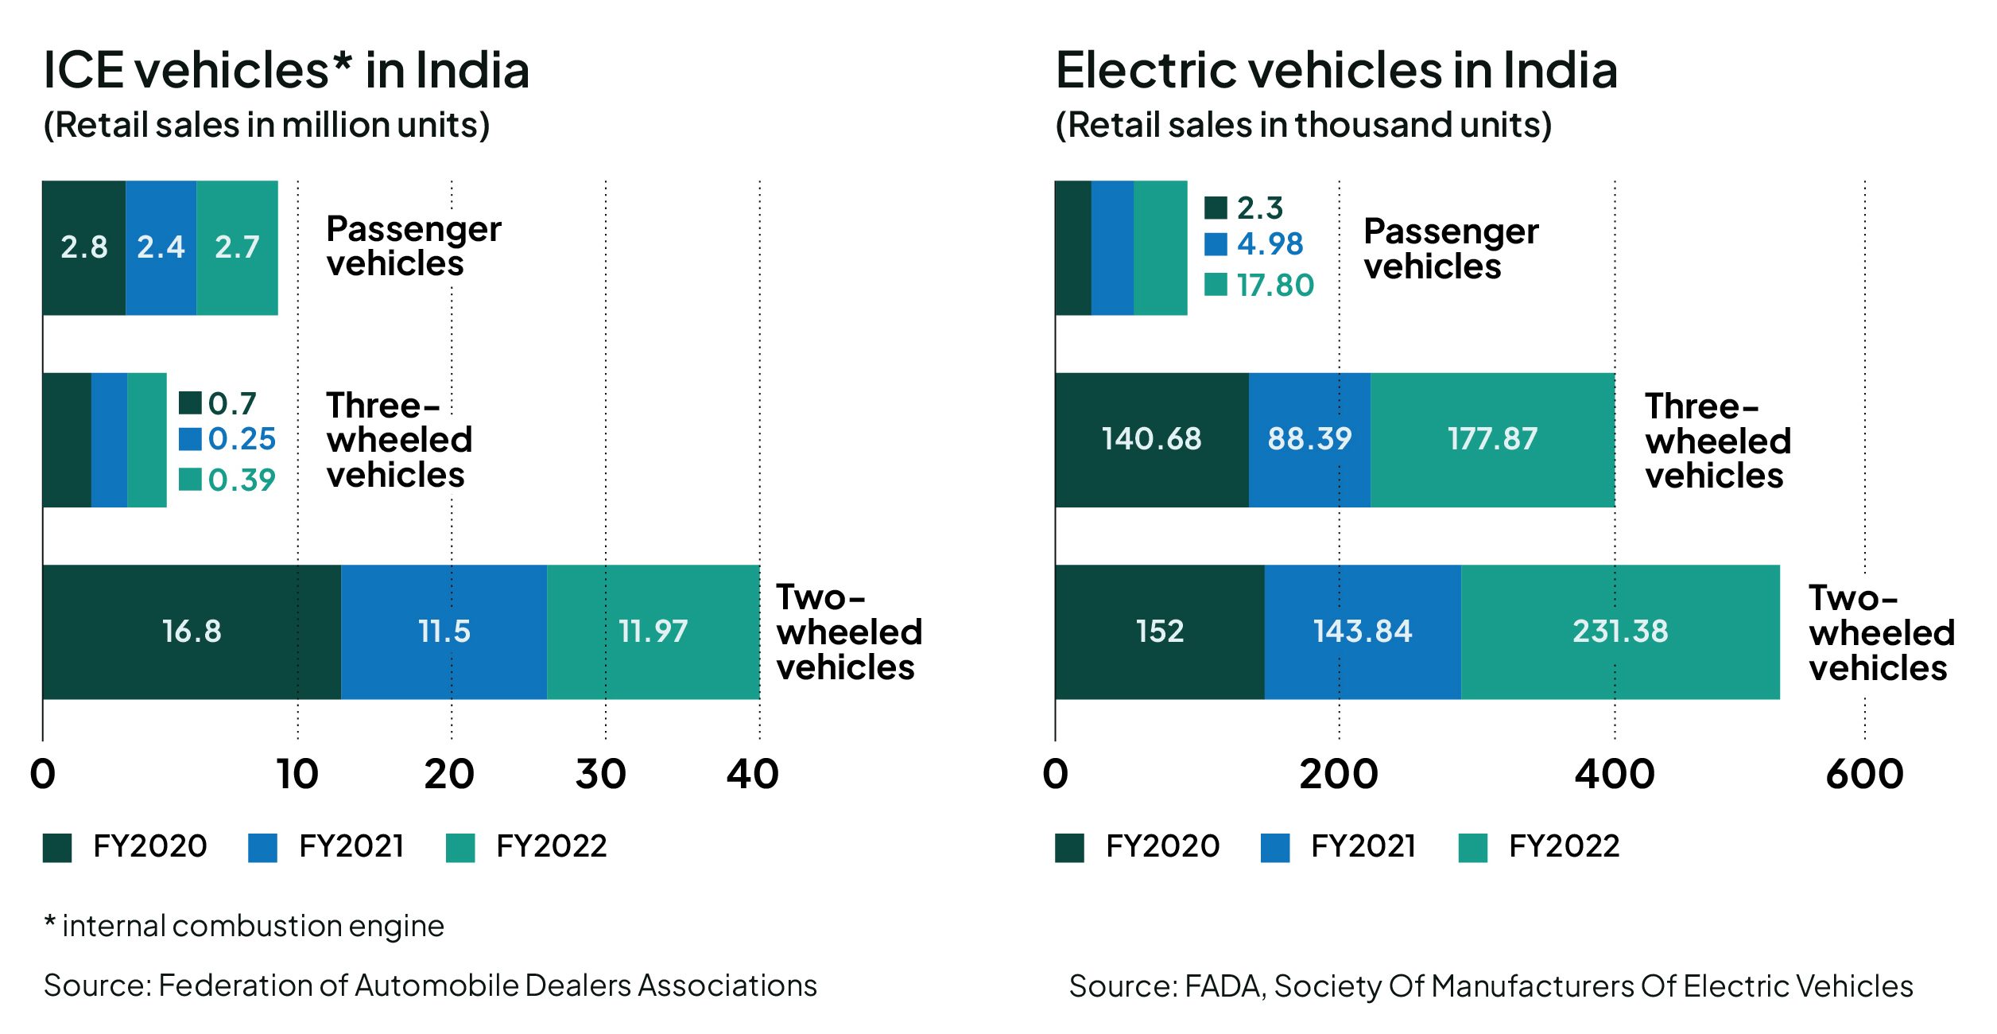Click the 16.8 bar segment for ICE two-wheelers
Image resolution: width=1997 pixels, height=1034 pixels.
point(192,632)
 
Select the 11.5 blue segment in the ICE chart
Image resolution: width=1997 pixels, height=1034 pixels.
point(444,632)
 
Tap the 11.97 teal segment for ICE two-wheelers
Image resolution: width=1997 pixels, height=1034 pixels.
point(653,632)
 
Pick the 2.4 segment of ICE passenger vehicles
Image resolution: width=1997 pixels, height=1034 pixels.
point(161,247)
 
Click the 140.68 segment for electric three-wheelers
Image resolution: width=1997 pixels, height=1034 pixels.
point(1151,439)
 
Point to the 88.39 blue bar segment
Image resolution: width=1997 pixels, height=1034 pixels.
point(1309,439)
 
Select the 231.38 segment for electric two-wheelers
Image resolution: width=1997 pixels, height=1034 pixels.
point(1620,632)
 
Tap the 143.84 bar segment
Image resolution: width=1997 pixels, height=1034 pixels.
point(1363,632)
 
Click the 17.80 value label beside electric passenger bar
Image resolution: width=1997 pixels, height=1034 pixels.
point(1275,285)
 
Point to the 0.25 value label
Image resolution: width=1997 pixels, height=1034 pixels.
point(242,439)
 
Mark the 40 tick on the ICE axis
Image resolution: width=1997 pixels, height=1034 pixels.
point(753,775)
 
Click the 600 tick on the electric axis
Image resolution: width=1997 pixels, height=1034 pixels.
point(1865,775)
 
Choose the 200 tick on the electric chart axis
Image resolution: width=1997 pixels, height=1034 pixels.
point(1339,775)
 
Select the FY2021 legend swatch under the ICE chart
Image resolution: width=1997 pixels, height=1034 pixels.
point(262,848)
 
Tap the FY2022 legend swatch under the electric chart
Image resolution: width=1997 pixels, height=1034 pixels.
point(1473,848)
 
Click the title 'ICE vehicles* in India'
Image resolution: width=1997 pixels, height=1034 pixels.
point(286,70)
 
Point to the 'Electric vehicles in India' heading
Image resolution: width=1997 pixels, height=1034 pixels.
point(1336,70)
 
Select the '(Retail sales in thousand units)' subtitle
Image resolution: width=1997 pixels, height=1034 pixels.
point(1304,125)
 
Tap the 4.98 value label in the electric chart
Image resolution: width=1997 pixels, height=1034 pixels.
point(1270,243)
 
